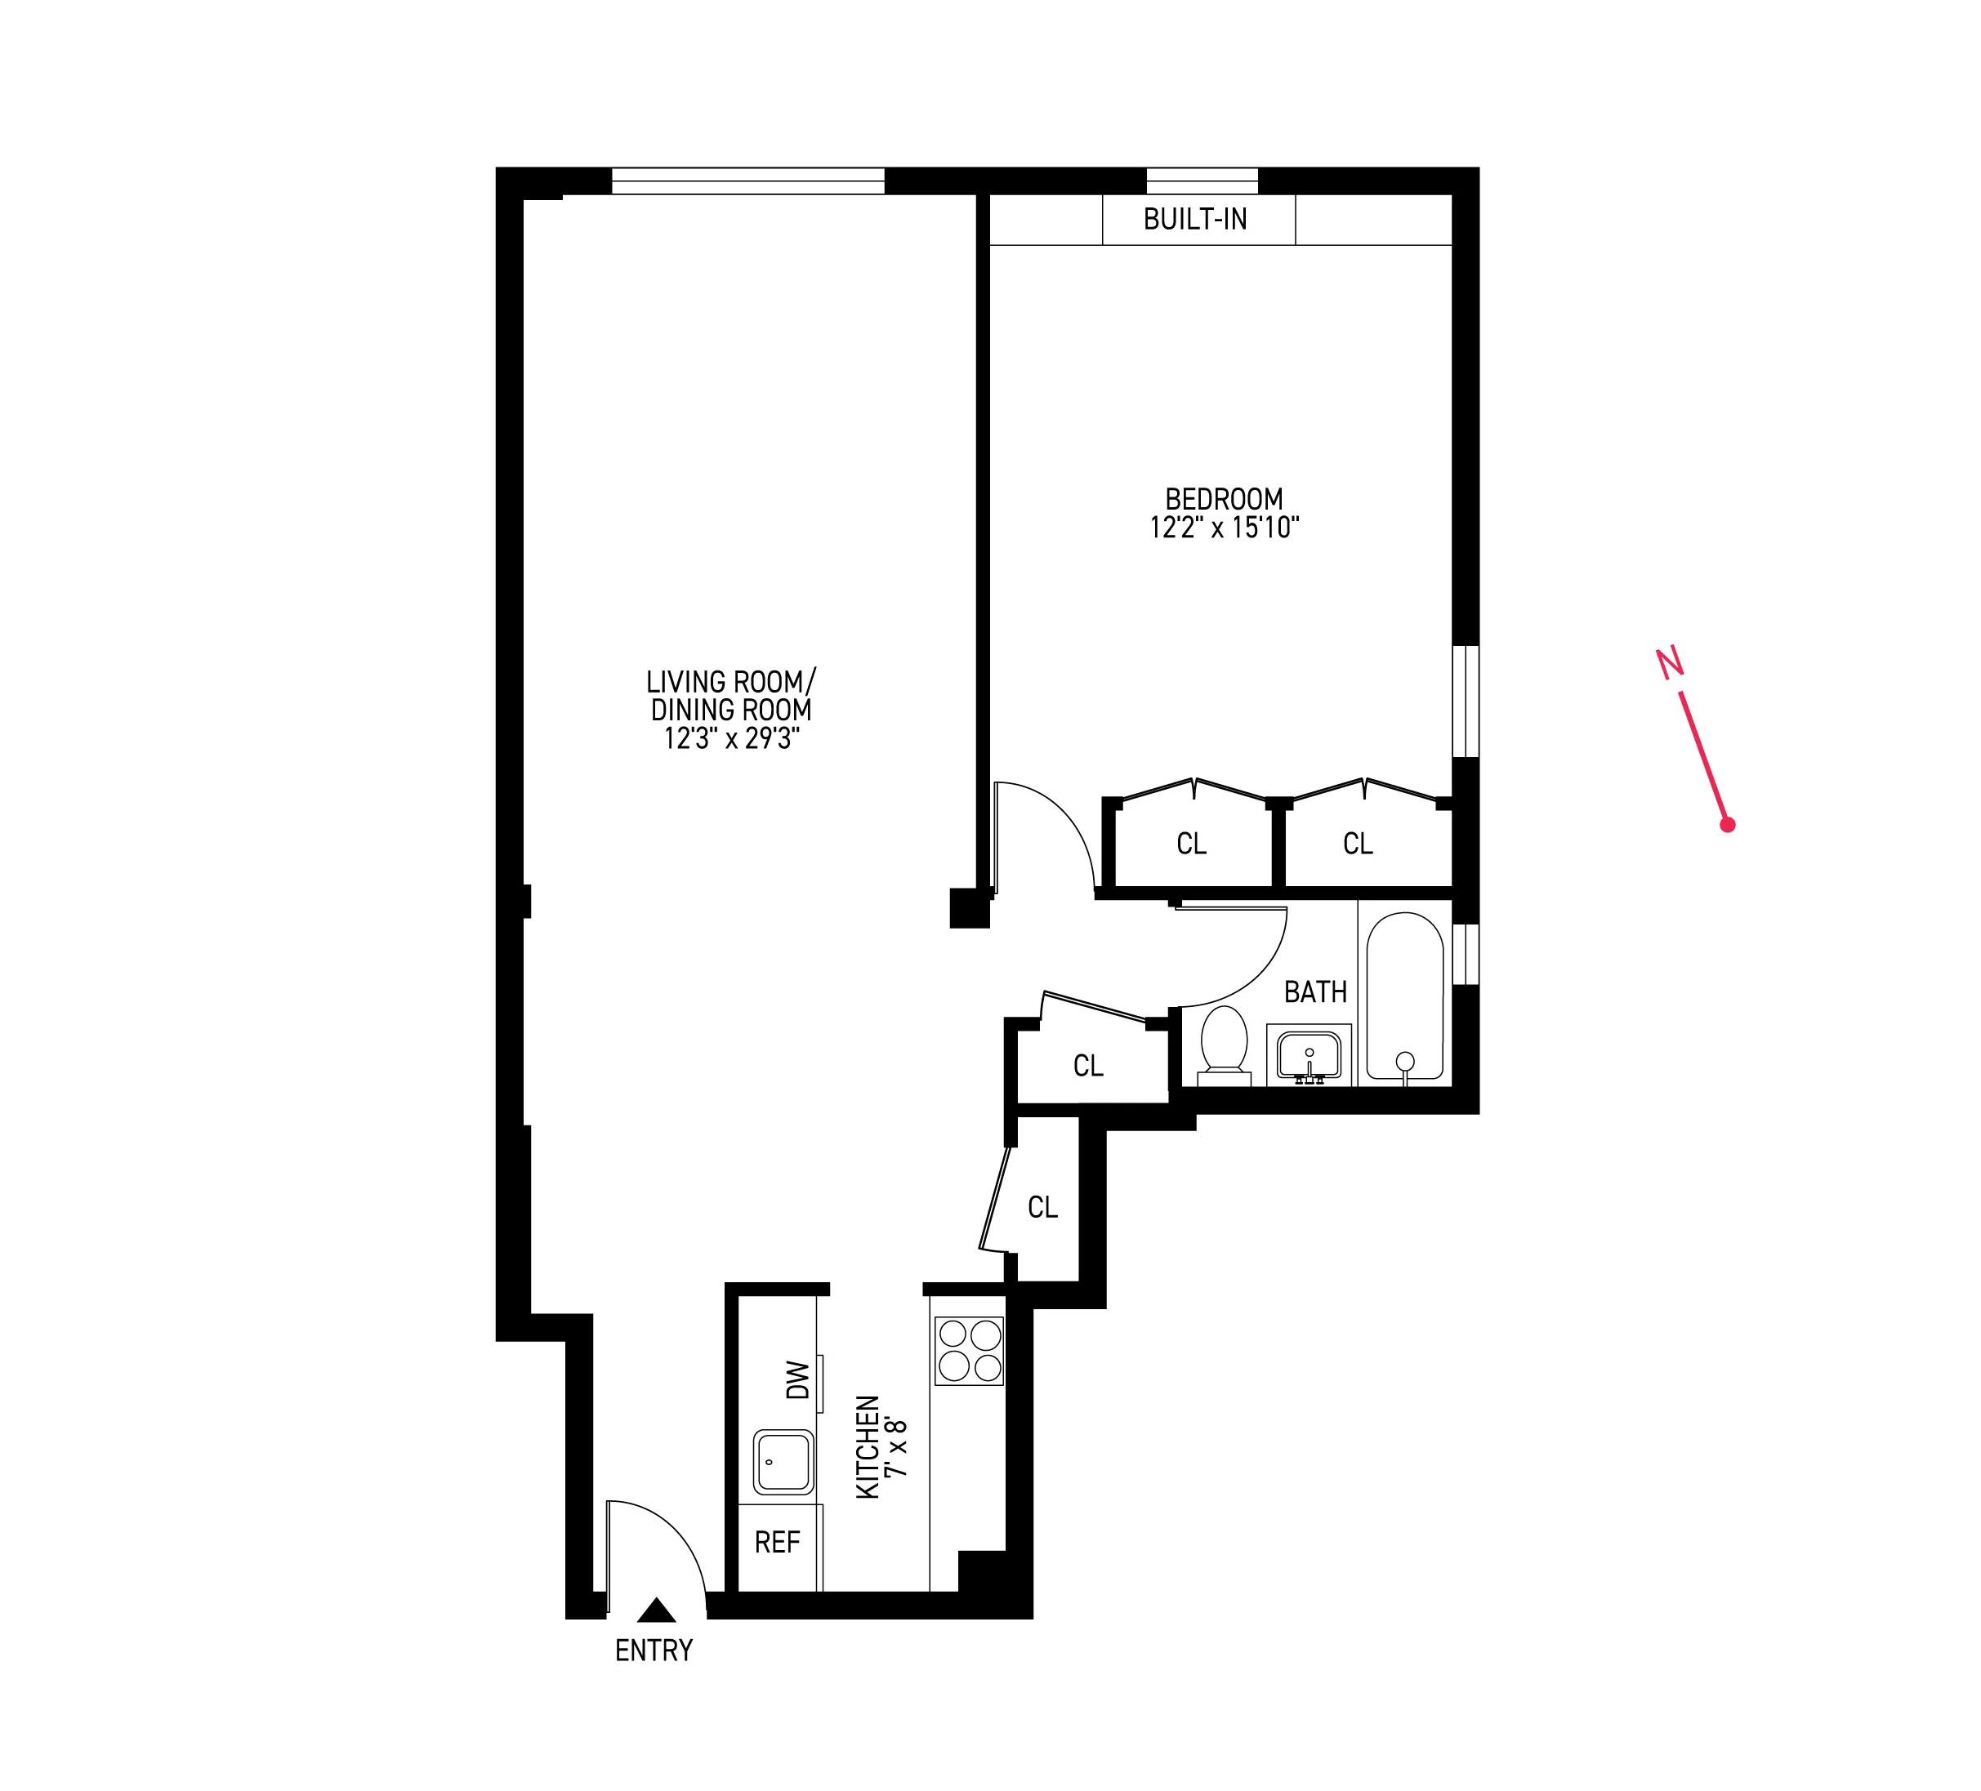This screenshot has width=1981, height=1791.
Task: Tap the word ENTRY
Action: point(654,1651)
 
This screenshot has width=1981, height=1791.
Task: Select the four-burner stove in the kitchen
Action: point(969,1351)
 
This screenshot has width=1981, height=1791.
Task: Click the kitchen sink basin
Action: point(783,1462)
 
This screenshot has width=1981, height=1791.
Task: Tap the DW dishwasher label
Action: point(798,1379)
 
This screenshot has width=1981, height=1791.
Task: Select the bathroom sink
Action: point(1309,1055)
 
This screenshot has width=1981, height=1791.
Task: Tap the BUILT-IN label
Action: point(1195,219)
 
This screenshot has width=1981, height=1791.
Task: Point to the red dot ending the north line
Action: point(1728,825)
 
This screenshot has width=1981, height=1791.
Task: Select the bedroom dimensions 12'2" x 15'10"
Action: point(1225,528)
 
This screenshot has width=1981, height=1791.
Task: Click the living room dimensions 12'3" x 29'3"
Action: point(732,737)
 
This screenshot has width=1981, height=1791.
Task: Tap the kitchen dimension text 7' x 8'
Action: point(895,1447)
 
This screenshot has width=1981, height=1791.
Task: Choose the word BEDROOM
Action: point(1225,499)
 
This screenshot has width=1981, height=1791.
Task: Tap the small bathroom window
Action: point(1465,953)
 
